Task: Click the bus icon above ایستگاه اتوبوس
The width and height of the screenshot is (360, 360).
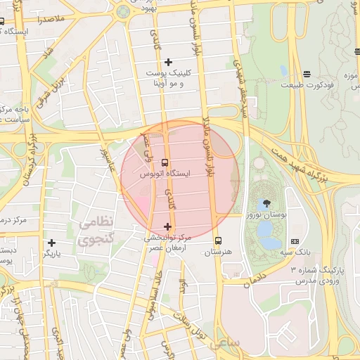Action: coord(165,162)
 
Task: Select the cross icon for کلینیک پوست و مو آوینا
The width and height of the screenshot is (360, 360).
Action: coord(168,63)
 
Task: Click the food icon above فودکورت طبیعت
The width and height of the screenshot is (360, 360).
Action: coord(307,74)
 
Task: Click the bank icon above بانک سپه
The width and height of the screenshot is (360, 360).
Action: coord(294,241)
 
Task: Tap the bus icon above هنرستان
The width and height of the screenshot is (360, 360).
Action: coord(217,240)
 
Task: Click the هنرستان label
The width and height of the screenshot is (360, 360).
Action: coord(217,251)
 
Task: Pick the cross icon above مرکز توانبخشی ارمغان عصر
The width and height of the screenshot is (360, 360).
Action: coord(167,226)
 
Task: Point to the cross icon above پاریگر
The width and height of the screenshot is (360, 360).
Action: coord(51,243)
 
